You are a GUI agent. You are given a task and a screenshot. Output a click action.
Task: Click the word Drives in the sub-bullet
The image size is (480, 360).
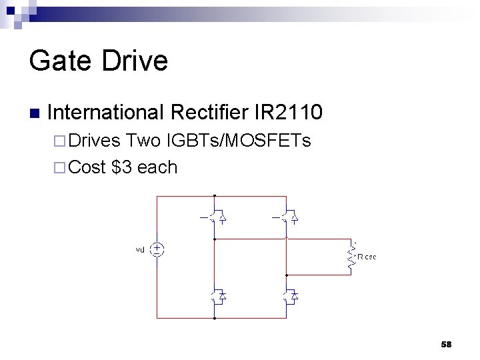(93, 141)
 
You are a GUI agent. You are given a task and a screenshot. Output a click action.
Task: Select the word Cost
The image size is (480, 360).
(87, 167)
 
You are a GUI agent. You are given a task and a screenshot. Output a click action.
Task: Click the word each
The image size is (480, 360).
(157, 167)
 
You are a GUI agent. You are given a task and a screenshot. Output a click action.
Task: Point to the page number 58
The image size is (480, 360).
(446, 344)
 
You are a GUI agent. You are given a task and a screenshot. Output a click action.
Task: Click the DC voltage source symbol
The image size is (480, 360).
(157, 249)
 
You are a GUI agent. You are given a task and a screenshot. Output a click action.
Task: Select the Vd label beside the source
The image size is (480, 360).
(140, 250)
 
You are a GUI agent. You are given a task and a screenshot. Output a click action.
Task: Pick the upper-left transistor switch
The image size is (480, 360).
(215, 216)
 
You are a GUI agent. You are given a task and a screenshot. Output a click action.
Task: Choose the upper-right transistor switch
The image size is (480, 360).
(287, 216)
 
